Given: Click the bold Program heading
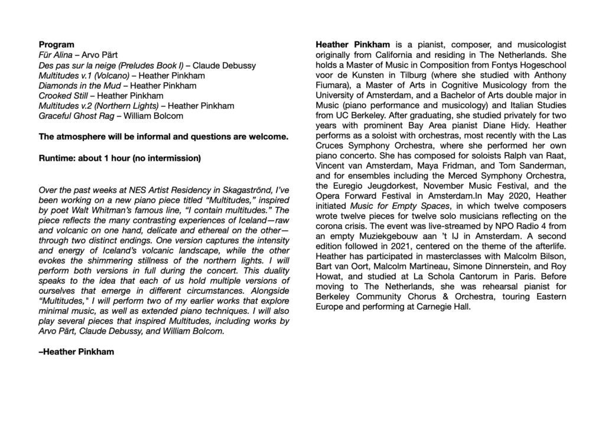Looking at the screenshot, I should [56, 44].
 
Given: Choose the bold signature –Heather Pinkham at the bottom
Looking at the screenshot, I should [76, 352].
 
